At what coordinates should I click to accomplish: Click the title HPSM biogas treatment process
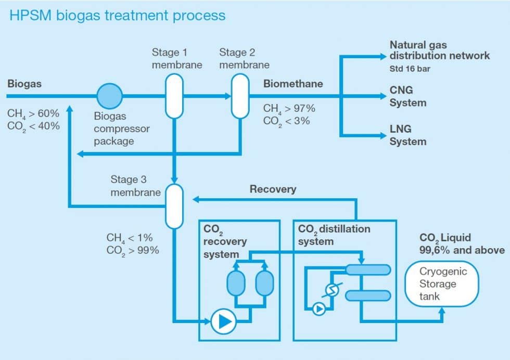tap(118, 15)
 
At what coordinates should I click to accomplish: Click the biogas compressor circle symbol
tap(110, 96)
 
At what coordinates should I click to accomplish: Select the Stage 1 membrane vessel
tap(174, 96)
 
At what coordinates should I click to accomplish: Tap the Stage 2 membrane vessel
tap(240, 96)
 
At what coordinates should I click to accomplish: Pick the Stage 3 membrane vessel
tap(174, 205)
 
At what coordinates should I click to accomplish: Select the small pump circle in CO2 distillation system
tap(318, 309)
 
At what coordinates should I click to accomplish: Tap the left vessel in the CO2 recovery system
tap(236, 284)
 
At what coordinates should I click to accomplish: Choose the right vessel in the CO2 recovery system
tap(264, 284)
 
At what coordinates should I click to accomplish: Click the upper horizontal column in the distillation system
tap(368, 269)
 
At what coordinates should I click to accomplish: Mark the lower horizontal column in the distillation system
tap(368, 295)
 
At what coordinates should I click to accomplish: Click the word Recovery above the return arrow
tap(273, 189)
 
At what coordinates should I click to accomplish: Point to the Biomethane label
tap(293, 84)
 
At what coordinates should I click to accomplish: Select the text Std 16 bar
tap(410, 68)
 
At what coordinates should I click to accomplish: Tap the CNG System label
tap(408, 96)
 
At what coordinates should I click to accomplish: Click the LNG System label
tap(408, 135)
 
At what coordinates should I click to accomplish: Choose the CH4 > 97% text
tap(289, 108)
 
